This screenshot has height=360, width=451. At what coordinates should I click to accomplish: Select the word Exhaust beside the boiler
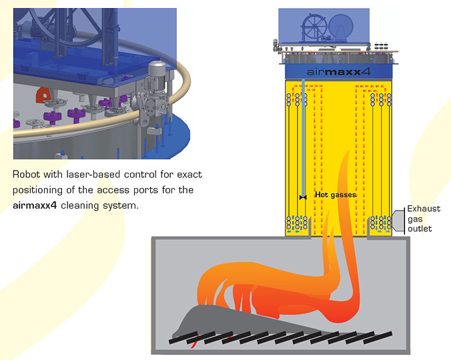coord(424,209)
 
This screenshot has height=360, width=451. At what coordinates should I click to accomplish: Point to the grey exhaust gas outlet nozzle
coord(398,219)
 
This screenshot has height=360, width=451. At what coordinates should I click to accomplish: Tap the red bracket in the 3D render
coord(45,93)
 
